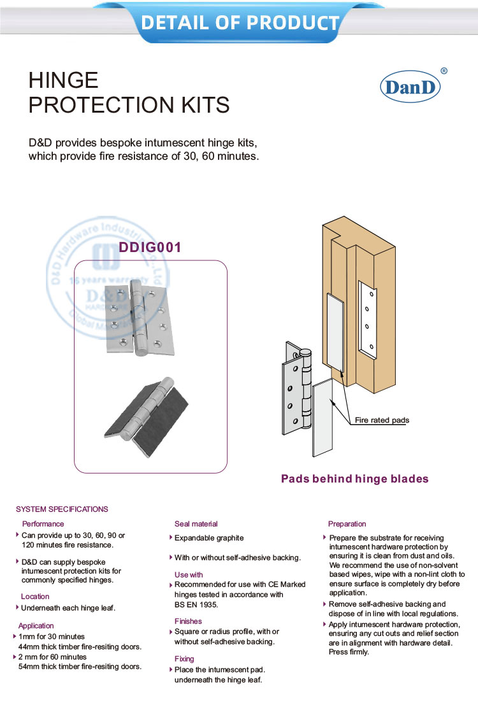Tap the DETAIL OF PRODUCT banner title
pyautogui.click(x=239, y=22)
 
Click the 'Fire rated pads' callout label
pyautogui.click(x=382, y=420)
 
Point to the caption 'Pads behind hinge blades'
pyautogui.click(x=355, y=479)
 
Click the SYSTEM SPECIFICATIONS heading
pyautogui.click(x=62, y=509)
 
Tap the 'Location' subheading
pyautogui.click(x=35, y=596)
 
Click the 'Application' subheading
pyautogui.click(x=36, y=626)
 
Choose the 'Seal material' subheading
pyautogui.click(x=196, y=524)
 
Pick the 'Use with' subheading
pyautogui.click(x=189, y=575)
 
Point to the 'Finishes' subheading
pyautogui.click(x=188, y=621)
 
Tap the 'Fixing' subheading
pyautogui.click(x=184, y=659)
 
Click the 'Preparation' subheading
pyautogui.click(x=347, y=524)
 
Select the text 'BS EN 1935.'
pyautogui.click(x=196, y=605)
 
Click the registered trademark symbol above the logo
pyautogui.click(x=444, y=71)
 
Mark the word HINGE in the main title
pyautogui.click(x=64, y=80)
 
